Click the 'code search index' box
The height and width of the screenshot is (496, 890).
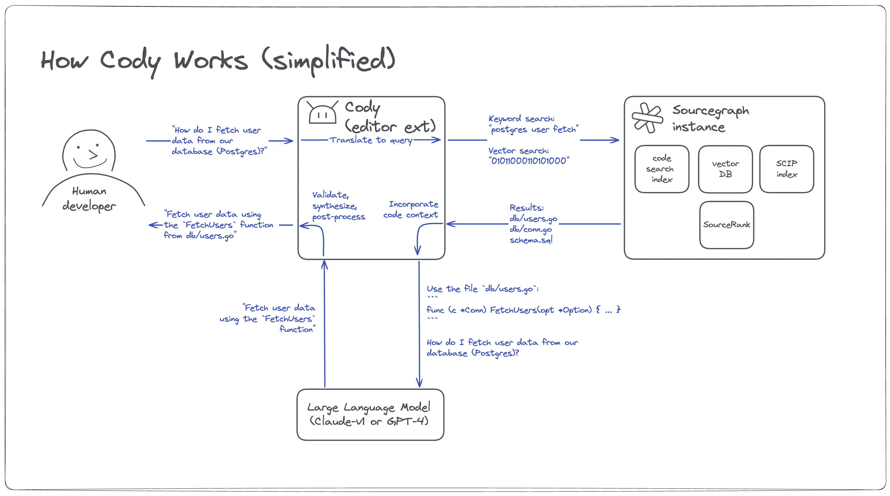pos(662,169)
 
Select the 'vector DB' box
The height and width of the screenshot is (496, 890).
pos(725,169)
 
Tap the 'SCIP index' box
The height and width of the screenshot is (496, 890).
pos(786,169)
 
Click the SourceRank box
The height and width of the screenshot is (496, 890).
pos(727,225)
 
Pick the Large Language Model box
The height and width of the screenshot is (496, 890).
pos(370,414)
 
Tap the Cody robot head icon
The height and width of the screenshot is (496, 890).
pos(322,113)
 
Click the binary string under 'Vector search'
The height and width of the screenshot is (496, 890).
pos(529,161)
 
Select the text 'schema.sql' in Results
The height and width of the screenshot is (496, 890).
pos(531,240)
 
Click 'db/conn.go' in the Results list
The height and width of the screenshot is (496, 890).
pos(530,229)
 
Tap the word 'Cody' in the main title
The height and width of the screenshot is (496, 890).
pos(131,61)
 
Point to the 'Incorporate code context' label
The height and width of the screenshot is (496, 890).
pos(411,210)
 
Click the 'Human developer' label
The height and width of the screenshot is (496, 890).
pos(89,199)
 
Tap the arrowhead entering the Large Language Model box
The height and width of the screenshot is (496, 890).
pos(419,383)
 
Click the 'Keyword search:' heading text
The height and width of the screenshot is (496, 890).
pos(521,119)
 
